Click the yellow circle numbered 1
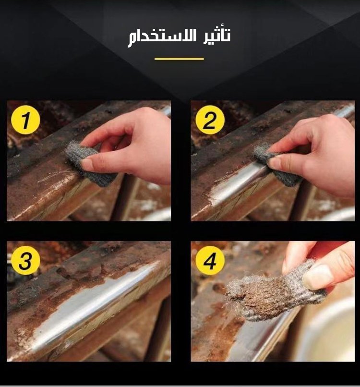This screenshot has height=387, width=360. tap(25, 120)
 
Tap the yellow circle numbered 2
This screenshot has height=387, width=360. tap(210, 120)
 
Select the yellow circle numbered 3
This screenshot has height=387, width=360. tap(25, 260)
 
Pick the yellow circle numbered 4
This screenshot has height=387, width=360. tap(210, 260)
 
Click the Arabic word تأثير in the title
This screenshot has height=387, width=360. tap(216, 34)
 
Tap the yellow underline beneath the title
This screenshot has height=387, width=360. tap(179, 59)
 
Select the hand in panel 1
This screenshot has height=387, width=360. tap(128, 145)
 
